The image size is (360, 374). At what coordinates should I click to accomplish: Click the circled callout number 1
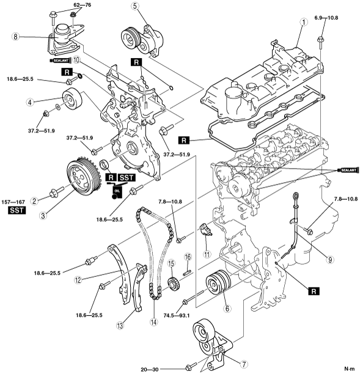pyautogui.click(x=303, y=22)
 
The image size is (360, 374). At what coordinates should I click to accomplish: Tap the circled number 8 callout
pyautogui.click(x=15, y=37)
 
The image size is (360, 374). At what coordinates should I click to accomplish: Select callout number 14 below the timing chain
pyautogui.click(x=154, y=322)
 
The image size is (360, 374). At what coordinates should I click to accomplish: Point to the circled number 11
pyautogui.click(x=207, y=254)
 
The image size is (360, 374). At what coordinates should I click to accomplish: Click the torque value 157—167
pyautogui.click(x=13, y=202)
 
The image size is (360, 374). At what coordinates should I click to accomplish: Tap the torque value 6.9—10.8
pyautogui.click(x=326, y=18)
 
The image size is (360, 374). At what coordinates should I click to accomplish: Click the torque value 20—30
pyautogui.click(x=150, y=370)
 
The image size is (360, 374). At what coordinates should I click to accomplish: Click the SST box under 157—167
pyautogui.click(x=17, y=210)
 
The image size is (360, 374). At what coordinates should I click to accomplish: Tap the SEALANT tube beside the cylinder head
pyautogui.click(x=348, y=170)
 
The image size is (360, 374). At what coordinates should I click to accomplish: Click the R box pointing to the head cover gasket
pyautogui.click(x=184, y=141)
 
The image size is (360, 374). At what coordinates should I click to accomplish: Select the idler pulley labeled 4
pyautogui.click(x=72, y=100)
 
